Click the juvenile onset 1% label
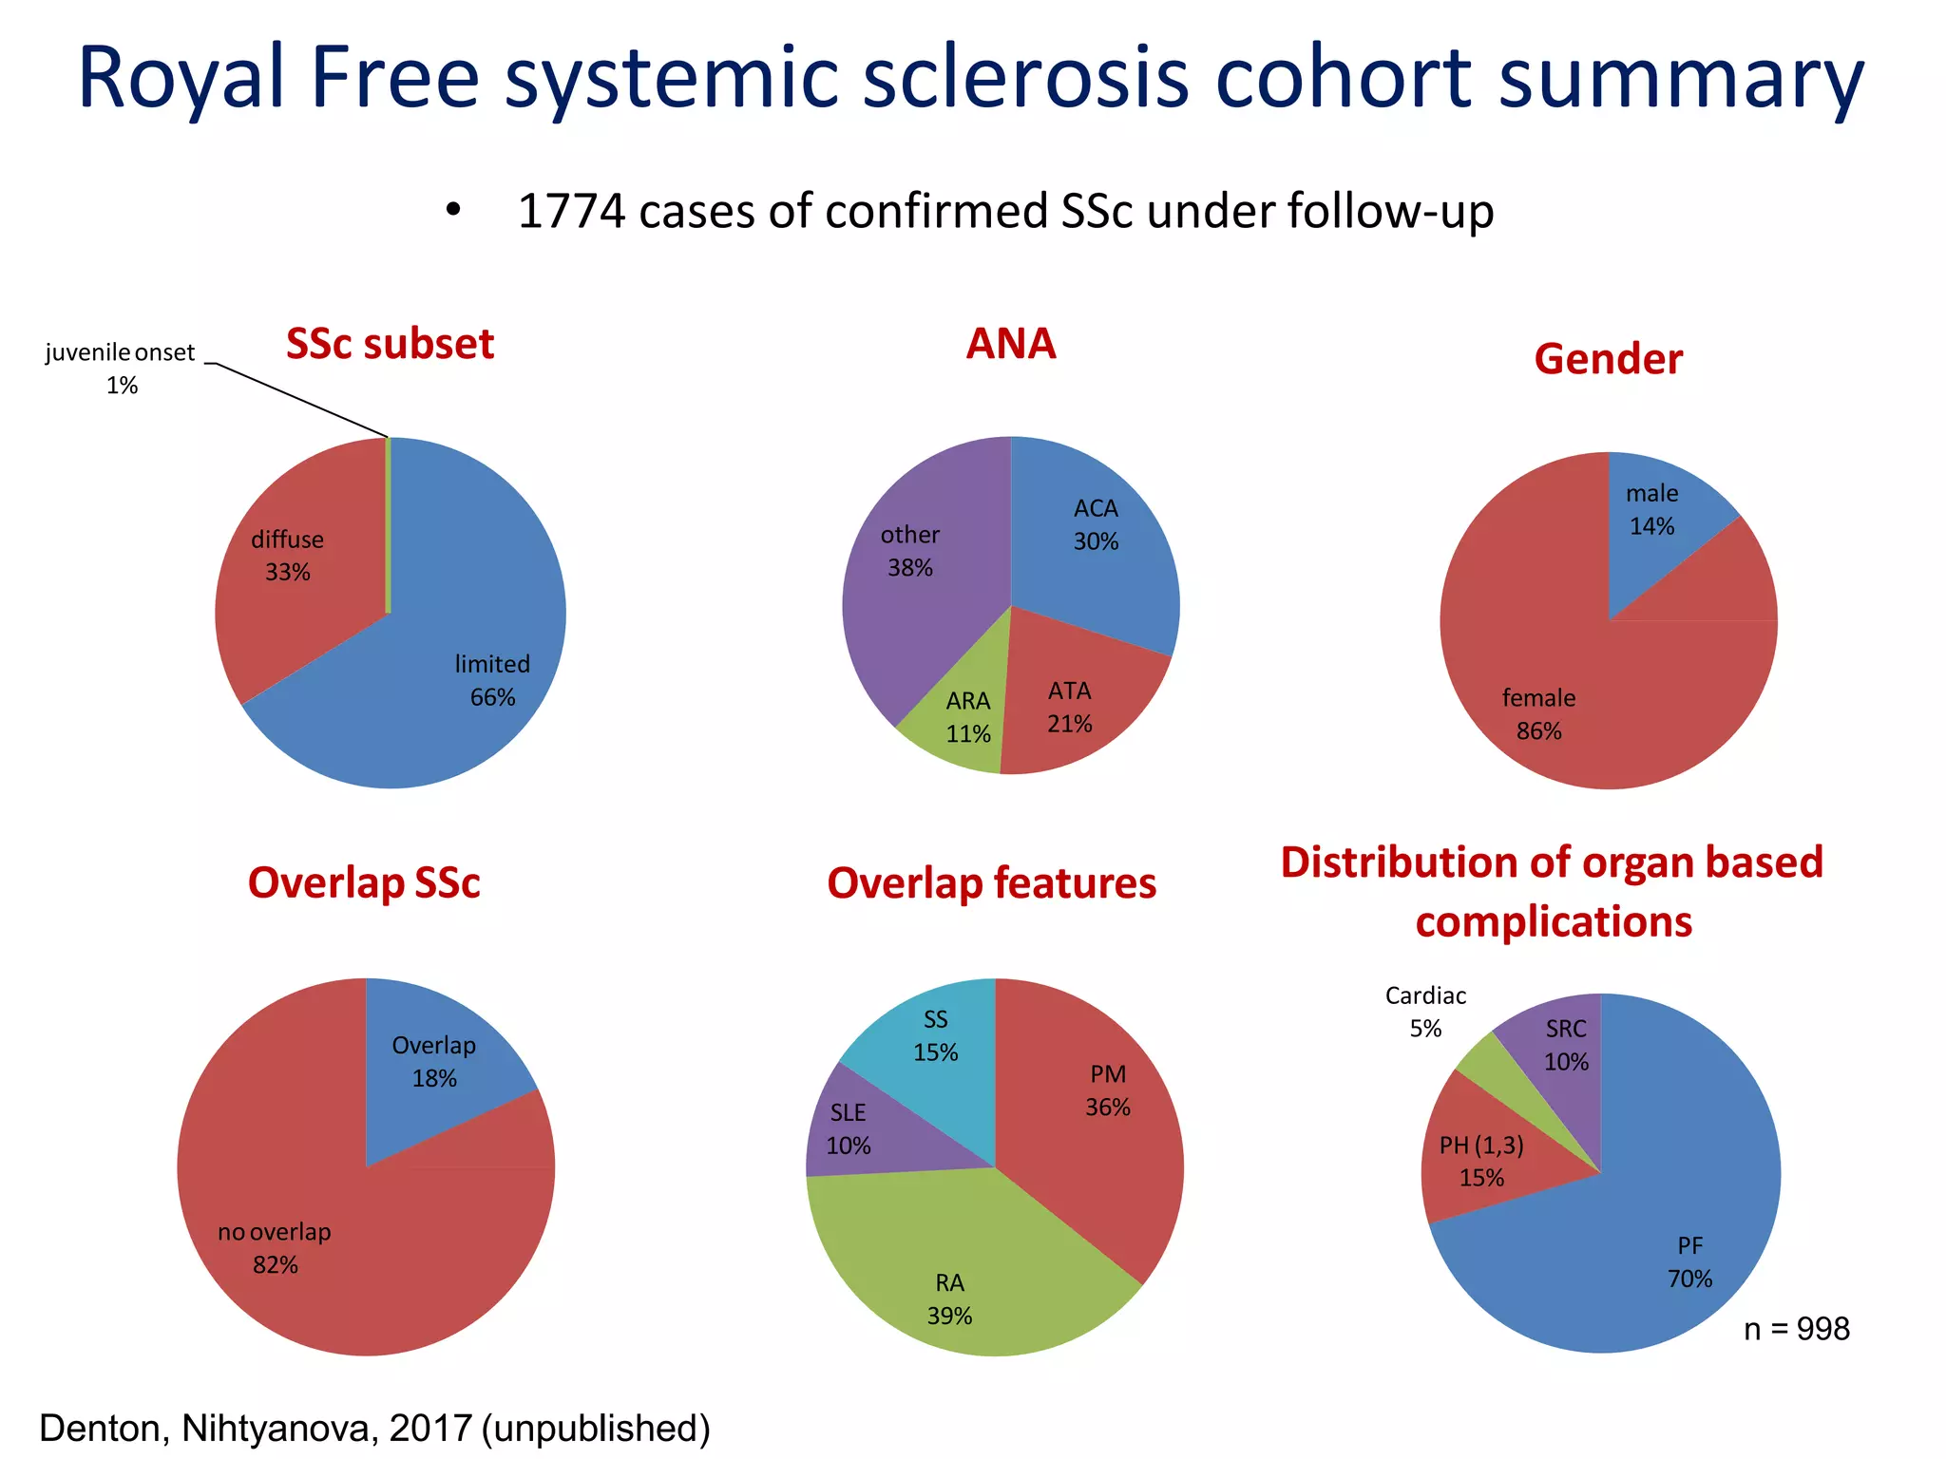[x=120, y=369]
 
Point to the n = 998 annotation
[x=1796, y=1328]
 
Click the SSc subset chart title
[x=390, y=344]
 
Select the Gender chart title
[x=1608, y=359]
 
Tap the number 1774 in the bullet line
[x=571, y=211]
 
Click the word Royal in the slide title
[x=181, y=78]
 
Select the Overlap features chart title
[x=991, y=883]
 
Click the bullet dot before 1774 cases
[x=453, y=211]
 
